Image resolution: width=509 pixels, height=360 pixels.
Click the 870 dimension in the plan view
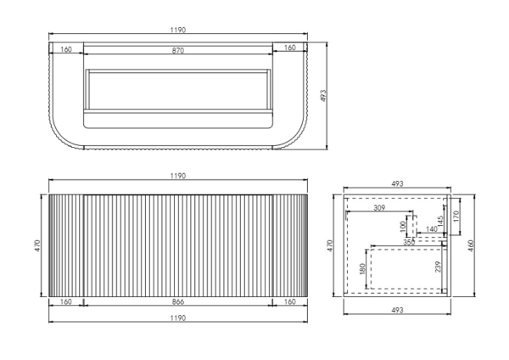(x=178, y=51)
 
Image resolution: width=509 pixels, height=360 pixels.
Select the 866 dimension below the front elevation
(x=178, y=302)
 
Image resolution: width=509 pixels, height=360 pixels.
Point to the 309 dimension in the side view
(x=379, y=208)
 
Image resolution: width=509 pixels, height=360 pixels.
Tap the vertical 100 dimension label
(x=404, y=226)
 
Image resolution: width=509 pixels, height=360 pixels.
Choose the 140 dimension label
(x=432, y=229)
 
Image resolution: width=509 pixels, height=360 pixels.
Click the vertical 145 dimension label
(x=440, y=222)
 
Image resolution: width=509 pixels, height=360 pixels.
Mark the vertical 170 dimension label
(x=456, y=216)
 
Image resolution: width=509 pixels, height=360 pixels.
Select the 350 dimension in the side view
(x=409, y=242)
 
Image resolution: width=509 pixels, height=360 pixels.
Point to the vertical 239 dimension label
(x=439, y=267)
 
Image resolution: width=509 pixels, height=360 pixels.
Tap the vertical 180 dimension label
(x=363, y=268)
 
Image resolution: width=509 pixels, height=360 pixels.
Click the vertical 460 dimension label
(x=472, y=245)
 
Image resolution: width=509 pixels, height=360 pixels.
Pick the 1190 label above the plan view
(x=178, y=31)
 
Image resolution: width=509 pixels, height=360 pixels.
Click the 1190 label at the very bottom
(x=178, y=318)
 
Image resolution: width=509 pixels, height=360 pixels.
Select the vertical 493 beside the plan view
(x=323, y=96)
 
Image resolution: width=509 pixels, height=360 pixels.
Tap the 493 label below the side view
(x=397, y=310)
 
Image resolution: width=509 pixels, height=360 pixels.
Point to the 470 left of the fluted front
(x=37, y=245)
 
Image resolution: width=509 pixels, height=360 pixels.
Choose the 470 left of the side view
(x=330, y=245)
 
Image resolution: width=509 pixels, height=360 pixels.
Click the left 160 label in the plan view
(x=66, y=49)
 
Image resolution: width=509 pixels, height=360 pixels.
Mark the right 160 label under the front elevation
(x=290, y=302)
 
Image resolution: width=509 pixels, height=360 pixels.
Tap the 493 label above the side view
(x=397, y=184)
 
